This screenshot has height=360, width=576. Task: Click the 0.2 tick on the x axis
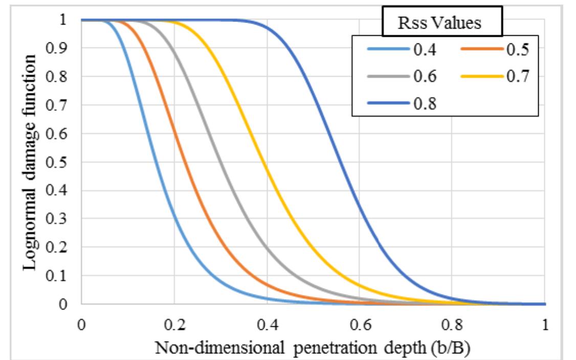pos(174,325)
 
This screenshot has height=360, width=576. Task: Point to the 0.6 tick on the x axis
pos(359,325)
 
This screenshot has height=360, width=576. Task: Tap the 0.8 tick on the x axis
pos(452,325)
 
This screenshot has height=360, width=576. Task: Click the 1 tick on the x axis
pos(545,325)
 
